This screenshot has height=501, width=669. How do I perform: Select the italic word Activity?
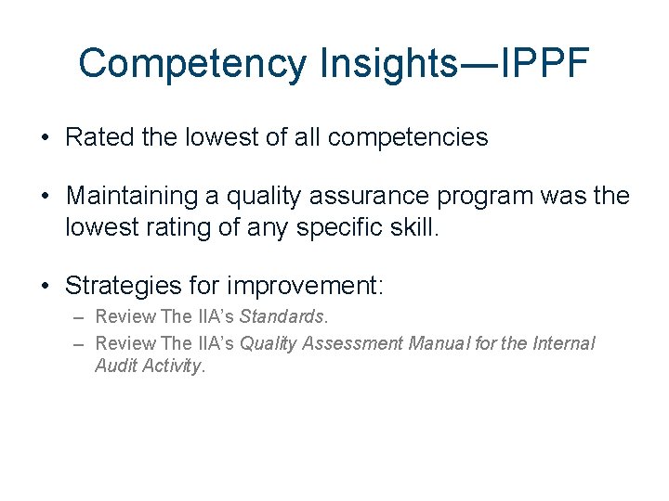(172, 366)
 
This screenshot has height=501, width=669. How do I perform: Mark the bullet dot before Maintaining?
(46, 198)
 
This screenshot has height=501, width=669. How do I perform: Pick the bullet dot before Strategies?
(46, 285)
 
